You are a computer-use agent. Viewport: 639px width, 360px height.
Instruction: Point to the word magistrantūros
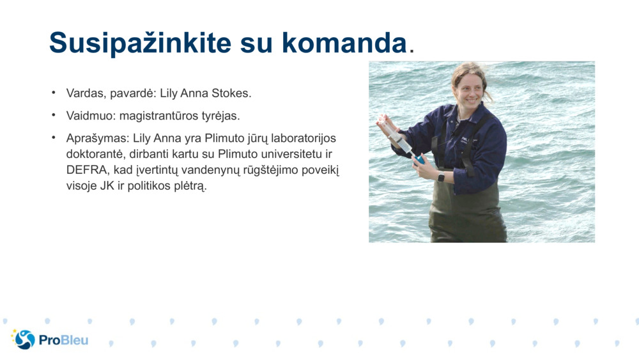pos(155,116)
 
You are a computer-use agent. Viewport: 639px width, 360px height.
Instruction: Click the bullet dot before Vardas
pos(54,93)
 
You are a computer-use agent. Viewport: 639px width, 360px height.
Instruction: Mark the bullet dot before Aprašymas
pos(54,138)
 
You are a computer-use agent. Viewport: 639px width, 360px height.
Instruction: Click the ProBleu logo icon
pos(24,340)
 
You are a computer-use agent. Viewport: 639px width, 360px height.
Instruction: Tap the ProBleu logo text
pos(63,340)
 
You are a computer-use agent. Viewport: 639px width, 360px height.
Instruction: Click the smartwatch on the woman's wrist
pos(441,176)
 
